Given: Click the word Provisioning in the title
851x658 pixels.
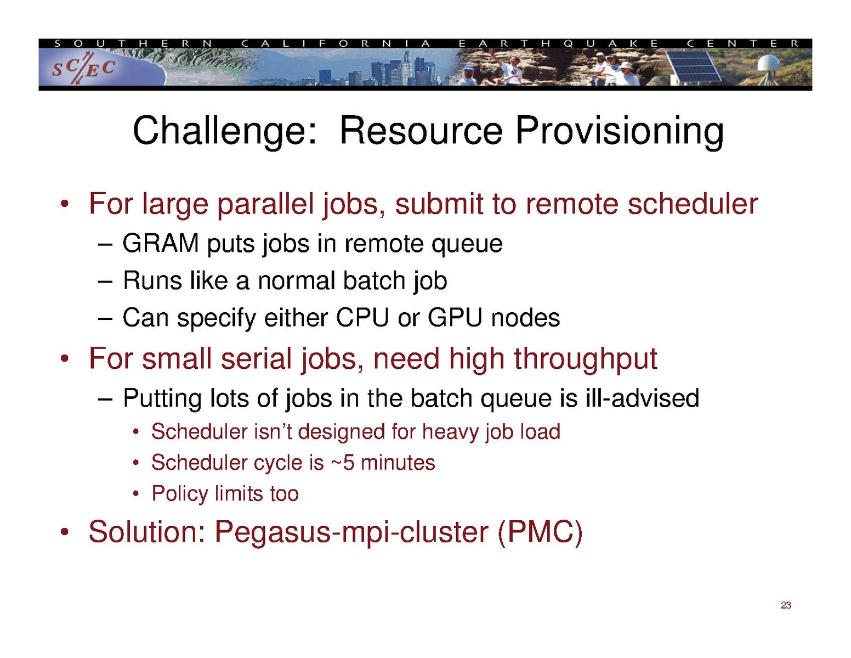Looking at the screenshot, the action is (619, 131).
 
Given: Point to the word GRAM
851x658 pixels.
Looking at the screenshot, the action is (161, 243).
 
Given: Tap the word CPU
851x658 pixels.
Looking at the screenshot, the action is (362, 317).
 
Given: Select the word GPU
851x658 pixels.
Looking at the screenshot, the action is (455, 317).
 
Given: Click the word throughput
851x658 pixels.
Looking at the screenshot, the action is (586, 359).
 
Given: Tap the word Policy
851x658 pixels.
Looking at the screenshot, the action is (180, 494).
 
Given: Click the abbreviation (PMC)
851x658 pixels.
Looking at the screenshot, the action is (540, 532).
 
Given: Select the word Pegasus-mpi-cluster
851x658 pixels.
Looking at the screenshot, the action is (351, 533).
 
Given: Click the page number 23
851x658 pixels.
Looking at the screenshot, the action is (786, 605).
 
